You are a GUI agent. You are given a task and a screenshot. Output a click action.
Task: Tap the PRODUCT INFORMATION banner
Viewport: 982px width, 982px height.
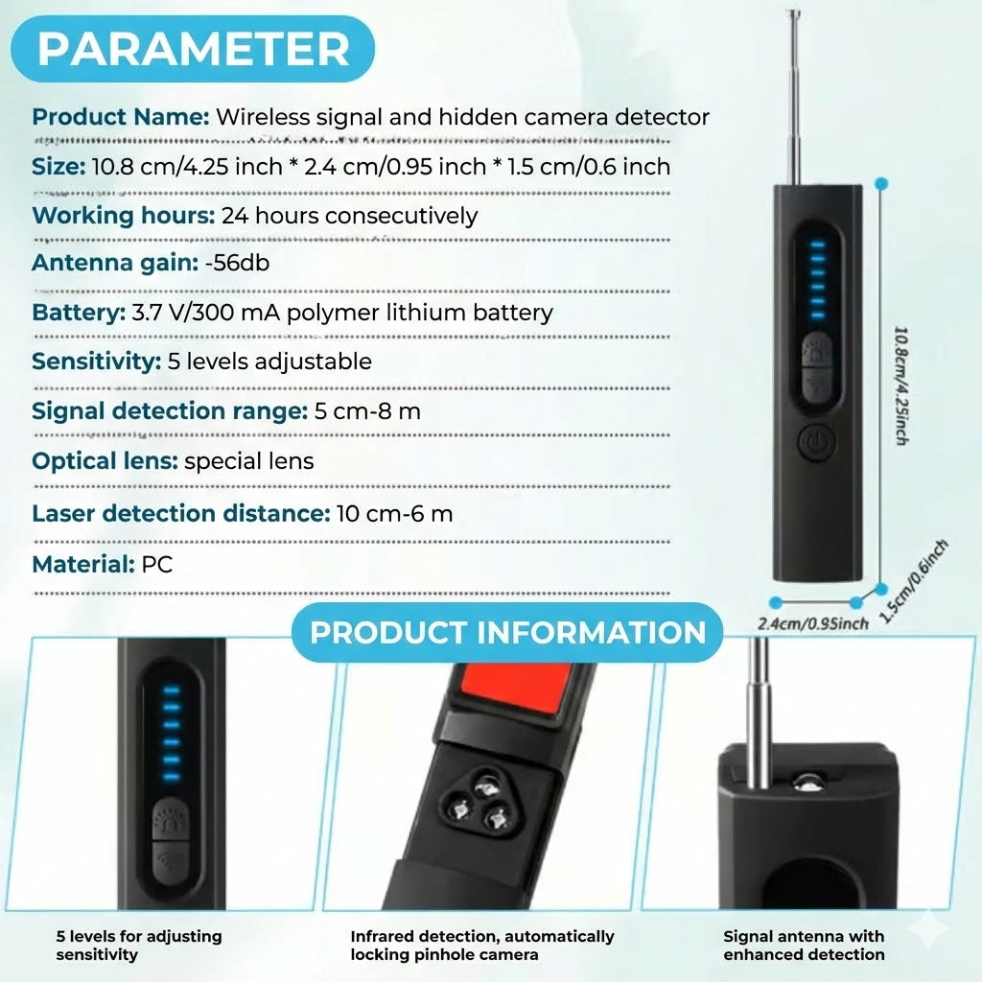click(x=507, y=633)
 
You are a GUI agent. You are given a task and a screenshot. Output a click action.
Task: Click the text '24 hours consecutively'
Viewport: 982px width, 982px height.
click(x=349, y=215)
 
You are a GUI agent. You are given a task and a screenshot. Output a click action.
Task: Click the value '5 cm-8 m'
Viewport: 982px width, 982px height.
click(x=367, y=411)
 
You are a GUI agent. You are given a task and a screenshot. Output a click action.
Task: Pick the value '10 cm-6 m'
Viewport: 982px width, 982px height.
click(x=394, y=513)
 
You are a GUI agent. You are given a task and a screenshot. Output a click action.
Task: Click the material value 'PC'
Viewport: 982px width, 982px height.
click(x=156, y=564)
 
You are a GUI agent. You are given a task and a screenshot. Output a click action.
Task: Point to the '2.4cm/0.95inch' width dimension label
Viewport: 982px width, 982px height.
click(x=812, y=624)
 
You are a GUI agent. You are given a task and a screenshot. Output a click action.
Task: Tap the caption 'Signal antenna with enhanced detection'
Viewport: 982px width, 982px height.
click(x=804, y=945)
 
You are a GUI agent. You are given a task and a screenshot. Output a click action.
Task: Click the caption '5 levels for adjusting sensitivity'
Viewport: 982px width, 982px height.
click(x=138, y=945)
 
